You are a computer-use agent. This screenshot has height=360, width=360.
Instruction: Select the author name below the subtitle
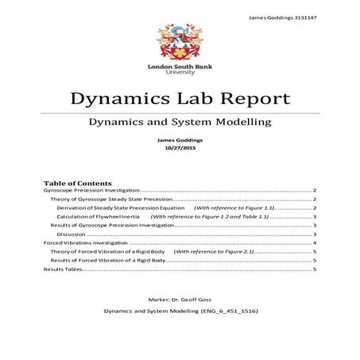(x=180, y=141)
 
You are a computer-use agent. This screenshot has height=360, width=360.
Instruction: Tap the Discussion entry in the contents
(x=71, y=234)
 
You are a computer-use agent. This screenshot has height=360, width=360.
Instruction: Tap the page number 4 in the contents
(x=315, y=242)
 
